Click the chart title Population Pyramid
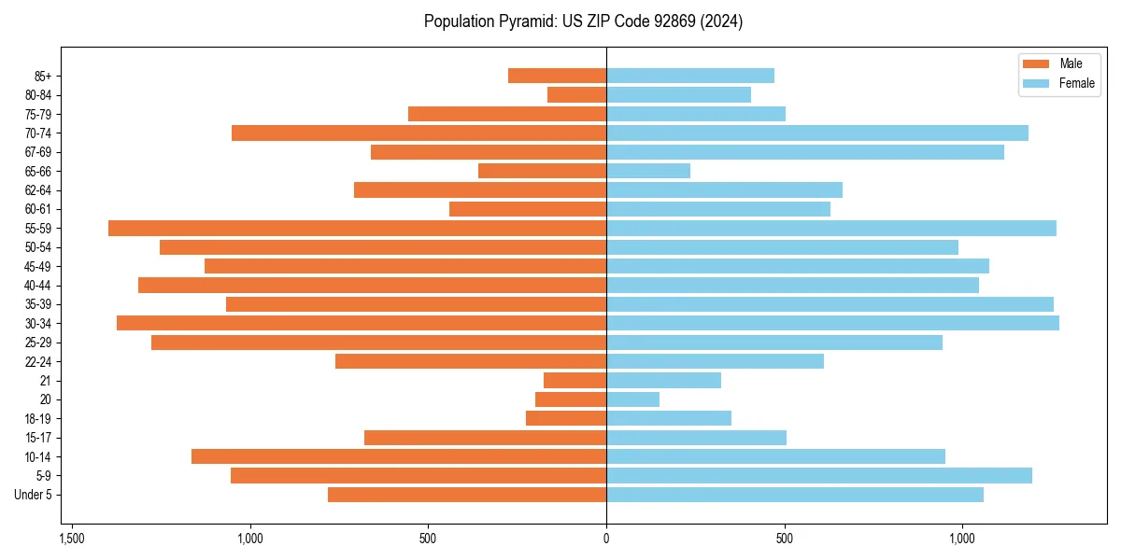tap(583, 21)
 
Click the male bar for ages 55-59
tap(357, 228)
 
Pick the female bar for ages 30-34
tap(832, 323)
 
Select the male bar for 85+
tap(557, 76)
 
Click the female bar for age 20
tap(632, 399)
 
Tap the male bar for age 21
tap(575, 380)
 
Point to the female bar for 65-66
tap(648, 171)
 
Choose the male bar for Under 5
tap(467, 495)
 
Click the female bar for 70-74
tap(817, 133)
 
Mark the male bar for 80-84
tap(576, 94)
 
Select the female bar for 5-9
tap(819, 475)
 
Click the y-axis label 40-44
tap(38, 286)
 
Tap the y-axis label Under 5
tap(34, 495)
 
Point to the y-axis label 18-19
tap(38, 419)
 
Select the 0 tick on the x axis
tap(606, 539)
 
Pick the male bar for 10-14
tap(399, 456)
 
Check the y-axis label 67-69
tap(38, 152)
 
